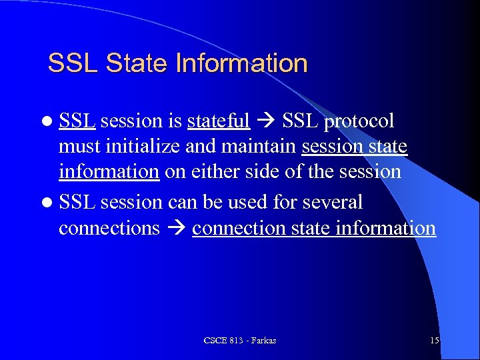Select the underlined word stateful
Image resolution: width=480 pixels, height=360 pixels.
pos(219,121)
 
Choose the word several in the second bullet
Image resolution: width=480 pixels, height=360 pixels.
pos(331,201)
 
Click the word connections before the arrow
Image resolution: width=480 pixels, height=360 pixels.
pos(109,229)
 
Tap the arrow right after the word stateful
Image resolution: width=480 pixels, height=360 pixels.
pos(266,121)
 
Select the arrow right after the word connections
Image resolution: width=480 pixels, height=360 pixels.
pos(176,229)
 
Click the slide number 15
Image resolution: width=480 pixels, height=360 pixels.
pos(435,341)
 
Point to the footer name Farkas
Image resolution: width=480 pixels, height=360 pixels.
pos(263,341)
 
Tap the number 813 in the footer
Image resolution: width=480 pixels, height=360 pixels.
pos(234,341)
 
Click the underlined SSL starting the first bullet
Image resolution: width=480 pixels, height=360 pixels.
pos(77,121)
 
